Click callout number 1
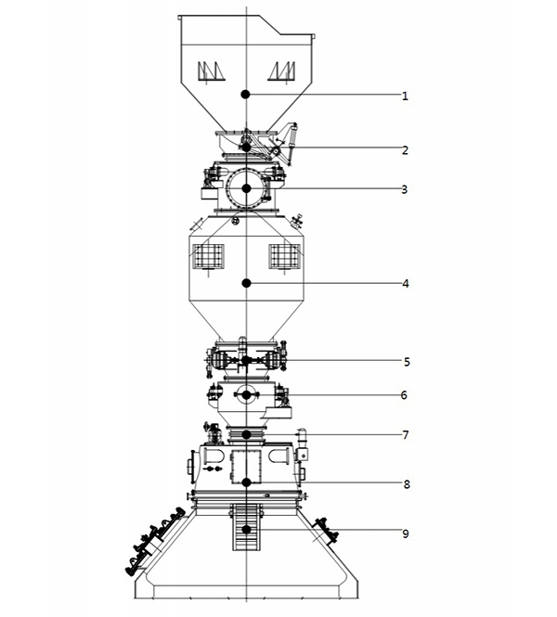405,96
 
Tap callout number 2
405,150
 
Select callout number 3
405,189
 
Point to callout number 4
406,284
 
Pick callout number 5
407,362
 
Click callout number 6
404,395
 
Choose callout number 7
406,435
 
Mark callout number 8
407,484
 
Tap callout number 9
406,534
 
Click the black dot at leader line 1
246,95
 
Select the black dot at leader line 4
246,283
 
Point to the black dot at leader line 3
246,189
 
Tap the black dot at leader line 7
246,435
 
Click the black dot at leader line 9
246,530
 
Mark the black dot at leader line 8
246,482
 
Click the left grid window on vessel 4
208,257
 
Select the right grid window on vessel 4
285,257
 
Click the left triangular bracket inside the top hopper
212,71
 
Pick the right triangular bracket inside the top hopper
282,71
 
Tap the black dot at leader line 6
246,395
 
